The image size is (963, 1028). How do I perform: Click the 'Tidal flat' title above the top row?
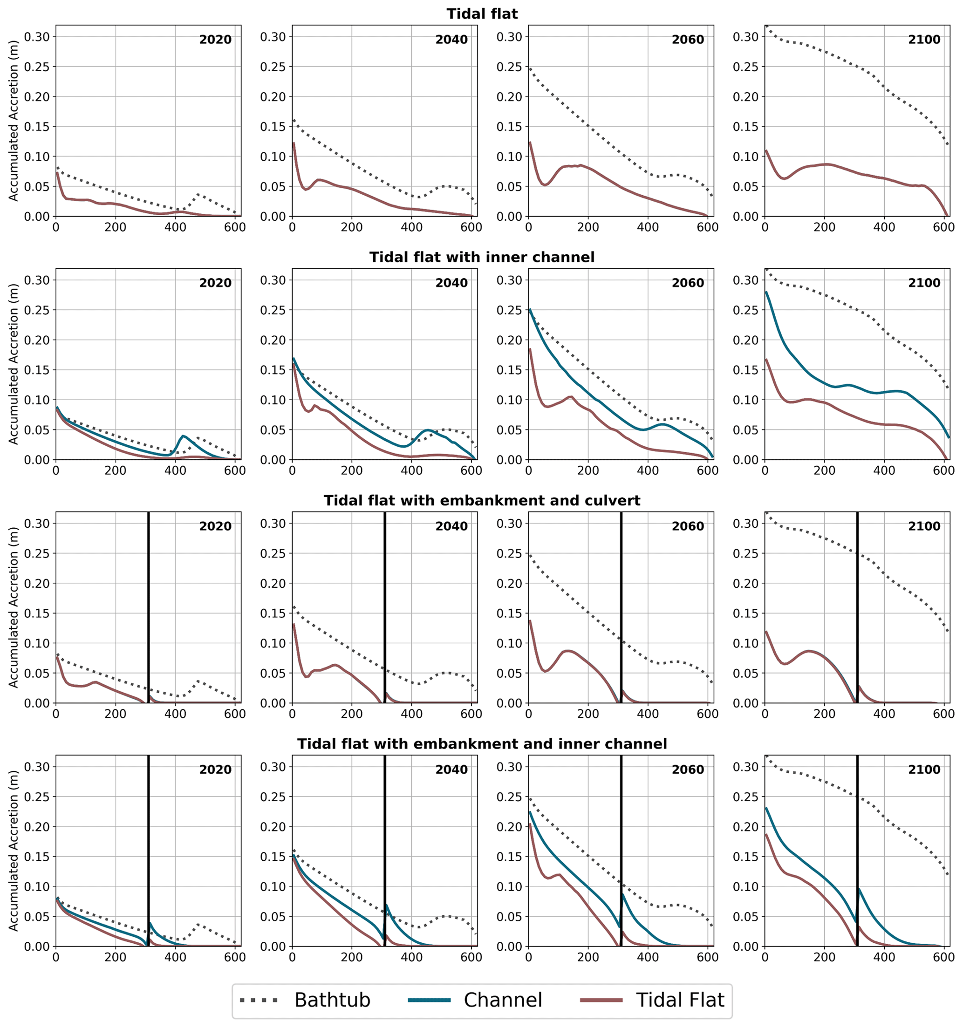482,14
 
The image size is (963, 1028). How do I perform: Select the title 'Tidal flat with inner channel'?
482,257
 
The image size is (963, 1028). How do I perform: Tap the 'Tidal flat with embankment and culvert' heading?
482,501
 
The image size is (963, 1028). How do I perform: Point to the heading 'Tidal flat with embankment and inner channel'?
482,743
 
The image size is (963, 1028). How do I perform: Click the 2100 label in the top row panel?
924,40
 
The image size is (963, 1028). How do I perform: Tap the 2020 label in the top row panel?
215,40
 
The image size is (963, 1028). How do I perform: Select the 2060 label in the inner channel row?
687,283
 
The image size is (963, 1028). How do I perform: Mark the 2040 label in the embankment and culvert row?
451,526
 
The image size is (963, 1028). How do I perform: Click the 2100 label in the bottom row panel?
924,769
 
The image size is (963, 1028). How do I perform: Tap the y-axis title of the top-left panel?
14,121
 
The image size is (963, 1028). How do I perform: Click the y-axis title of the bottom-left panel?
14,851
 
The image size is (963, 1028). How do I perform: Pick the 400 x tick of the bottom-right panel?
884,957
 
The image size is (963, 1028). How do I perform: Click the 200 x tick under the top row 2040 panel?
352,227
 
